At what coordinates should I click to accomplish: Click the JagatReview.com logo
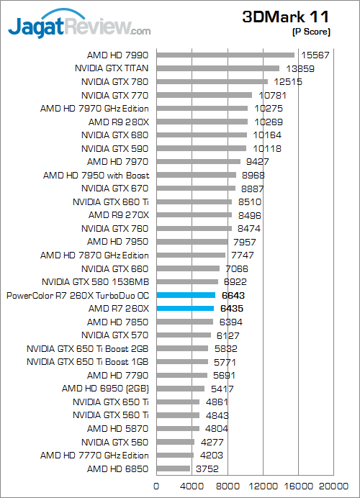[x=79, y=24]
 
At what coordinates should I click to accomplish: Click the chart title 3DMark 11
[x=285, y=17]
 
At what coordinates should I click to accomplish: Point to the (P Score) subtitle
[x=311, y=32]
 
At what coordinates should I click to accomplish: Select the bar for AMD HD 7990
[x=225, y=55]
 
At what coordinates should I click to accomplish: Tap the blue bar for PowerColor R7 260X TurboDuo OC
[x=186, y=295]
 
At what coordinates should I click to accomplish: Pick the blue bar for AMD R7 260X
[x=185, y=309]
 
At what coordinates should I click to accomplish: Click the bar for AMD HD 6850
[x=174, y=468]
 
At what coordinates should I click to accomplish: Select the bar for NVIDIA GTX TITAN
[x=218, y=68]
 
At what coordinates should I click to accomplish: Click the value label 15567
[x=315, y=55]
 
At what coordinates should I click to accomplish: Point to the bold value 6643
[x=233, y=296]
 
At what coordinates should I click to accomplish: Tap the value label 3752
[x=207, y=468]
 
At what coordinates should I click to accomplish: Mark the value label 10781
[x=272, y=95]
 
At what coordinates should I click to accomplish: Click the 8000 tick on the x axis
[x=228, y=486]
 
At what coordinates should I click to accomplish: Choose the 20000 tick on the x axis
[x=333, y=486]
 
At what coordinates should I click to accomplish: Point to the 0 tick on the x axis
[x=156, y=486]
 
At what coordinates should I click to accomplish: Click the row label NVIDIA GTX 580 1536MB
[x=95, y=282]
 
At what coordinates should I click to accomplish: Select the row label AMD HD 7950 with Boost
[x=96, y=176]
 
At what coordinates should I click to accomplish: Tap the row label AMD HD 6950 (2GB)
[x=105, y=389]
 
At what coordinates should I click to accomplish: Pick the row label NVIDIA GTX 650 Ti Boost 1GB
[x=87, y=362]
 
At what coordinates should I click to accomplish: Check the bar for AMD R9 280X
[x=202, y=122]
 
